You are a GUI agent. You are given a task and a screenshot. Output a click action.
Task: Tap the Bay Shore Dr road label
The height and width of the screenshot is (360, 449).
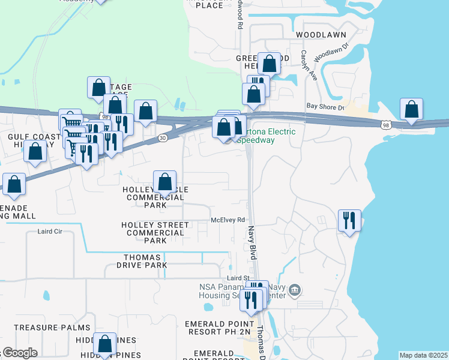click(325, 107)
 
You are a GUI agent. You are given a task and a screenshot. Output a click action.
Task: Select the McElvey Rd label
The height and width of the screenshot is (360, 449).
click(228, 220)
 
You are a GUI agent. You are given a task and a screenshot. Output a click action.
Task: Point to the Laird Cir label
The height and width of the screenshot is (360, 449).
click(50, 231)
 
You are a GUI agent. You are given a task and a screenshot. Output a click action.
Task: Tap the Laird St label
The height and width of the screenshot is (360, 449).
click(238, 278)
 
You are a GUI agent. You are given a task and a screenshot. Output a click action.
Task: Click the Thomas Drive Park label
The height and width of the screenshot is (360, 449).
click(142, 261)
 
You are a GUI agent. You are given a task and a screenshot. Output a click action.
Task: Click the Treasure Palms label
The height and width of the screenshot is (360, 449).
click(52, 328)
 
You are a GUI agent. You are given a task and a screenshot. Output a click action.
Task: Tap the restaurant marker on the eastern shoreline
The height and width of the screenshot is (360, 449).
click(349, 221)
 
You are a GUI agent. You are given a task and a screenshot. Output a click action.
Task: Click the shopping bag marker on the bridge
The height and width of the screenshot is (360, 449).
click(411, 110)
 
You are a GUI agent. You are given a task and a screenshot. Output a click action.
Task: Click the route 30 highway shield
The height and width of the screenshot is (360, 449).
click(163, 137)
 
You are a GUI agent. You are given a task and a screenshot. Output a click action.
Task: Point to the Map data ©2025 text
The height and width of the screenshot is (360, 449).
click(423, 355)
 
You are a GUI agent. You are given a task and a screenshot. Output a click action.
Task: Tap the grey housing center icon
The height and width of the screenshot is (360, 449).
click(294, 291)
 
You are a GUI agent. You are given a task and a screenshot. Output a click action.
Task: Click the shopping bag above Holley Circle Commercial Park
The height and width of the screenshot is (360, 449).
click(164, 182)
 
